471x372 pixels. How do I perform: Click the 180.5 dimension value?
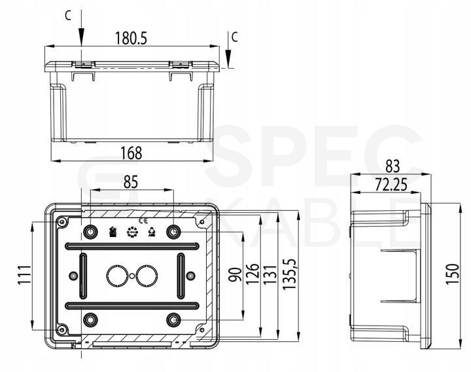pos(131,38)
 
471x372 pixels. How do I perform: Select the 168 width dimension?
pos(131,153)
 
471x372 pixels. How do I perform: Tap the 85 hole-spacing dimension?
pos(131,182)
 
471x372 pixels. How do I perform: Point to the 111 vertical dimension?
pos(24,275)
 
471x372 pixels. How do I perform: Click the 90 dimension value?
pos(235,274)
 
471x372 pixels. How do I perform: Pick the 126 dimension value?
pos(253,274)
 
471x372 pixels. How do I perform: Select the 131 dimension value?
pos(270,274)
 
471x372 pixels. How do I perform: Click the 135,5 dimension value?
pos(289,274)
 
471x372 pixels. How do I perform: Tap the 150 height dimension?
pos(453,274)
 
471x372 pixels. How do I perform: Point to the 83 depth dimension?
pos(392,166)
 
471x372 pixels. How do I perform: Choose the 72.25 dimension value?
pos(391,185)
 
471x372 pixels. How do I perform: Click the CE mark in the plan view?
pos(143,221)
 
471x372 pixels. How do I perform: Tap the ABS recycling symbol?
pos(152,232)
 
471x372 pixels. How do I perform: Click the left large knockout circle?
pos(116,276)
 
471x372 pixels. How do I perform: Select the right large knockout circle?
pos(147,276)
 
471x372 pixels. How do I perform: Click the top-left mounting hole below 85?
pos(90,232)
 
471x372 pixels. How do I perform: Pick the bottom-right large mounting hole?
pos(173,320)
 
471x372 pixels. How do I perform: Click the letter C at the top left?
pos(68,16)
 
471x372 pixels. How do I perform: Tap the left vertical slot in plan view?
pos(83,276)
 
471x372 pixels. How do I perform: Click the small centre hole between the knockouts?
pos(132,276)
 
